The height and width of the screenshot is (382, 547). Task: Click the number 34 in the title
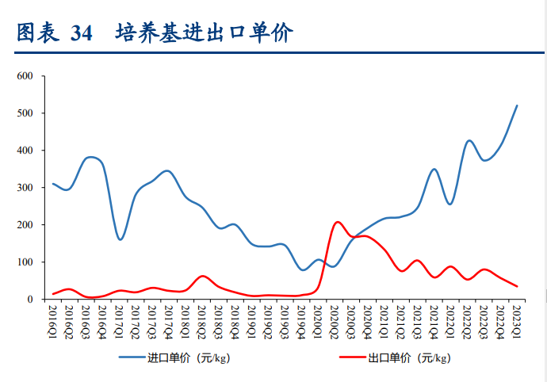81,33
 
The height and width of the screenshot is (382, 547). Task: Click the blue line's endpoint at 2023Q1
517,105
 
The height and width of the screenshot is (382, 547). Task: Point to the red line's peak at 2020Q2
338,222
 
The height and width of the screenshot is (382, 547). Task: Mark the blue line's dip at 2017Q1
120,239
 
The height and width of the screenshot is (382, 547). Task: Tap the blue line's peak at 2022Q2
469,140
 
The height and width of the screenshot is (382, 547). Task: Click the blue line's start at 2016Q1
53,184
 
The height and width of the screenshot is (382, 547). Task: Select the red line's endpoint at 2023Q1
517,286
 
